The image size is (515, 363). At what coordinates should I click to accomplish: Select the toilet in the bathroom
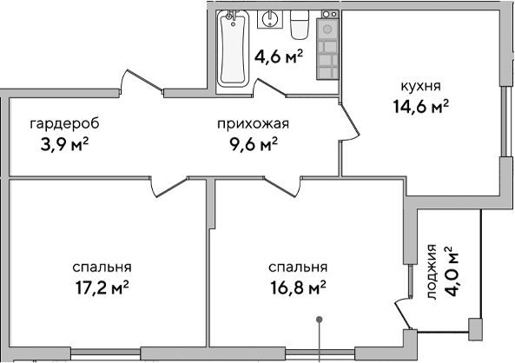[x=300, y=24]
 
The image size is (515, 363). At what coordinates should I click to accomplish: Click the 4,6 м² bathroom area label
[x=278, y=57]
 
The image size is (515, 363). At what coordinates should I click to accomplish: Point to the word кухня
[x=421, y=86]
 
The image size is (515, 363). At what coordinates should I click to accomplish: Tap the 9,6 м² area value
[x=252, y=143]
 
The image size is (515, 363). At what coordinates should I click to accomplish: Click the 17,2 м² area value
[x=103, y=286]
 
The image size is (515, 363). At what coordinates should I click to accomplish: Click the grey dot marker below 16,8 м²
[x=321, y=320]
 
